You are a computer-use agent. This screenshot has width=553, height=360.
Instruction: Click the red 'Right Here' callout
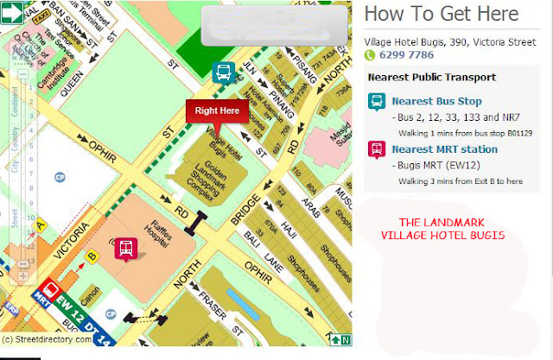tap(217, 111)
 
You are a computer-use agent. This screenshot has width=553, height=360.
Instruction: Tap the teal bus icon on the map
tap(222, 72)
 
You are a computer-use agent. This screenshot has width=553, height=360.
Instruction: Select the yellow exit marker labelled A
tap(39, 224)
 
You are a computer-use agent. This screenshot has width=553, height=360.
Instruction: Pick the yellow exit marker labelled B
tap(92, 256)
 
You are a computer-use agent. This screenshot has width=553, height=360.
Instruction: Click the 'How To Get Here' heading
tap(442, 15)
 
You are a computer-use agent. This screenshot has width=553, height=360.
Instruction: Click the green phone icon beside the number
tap(370, 54)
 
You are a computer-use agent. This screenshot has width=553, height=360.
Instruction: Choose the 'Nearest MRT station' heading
tap(444, 149)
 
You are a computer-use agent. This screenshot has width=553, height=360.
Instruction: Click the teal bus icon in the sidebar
tap(378, 103)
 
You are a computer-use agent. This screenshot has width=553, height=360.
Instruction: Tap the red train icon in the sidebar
tap(378, 150)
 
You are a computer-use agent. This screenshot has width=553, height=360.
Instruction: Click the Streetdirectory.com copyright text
tap(48, 340)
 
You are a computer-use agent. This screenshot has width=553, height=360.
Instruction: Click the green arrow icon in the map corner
tap(10, 10)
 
